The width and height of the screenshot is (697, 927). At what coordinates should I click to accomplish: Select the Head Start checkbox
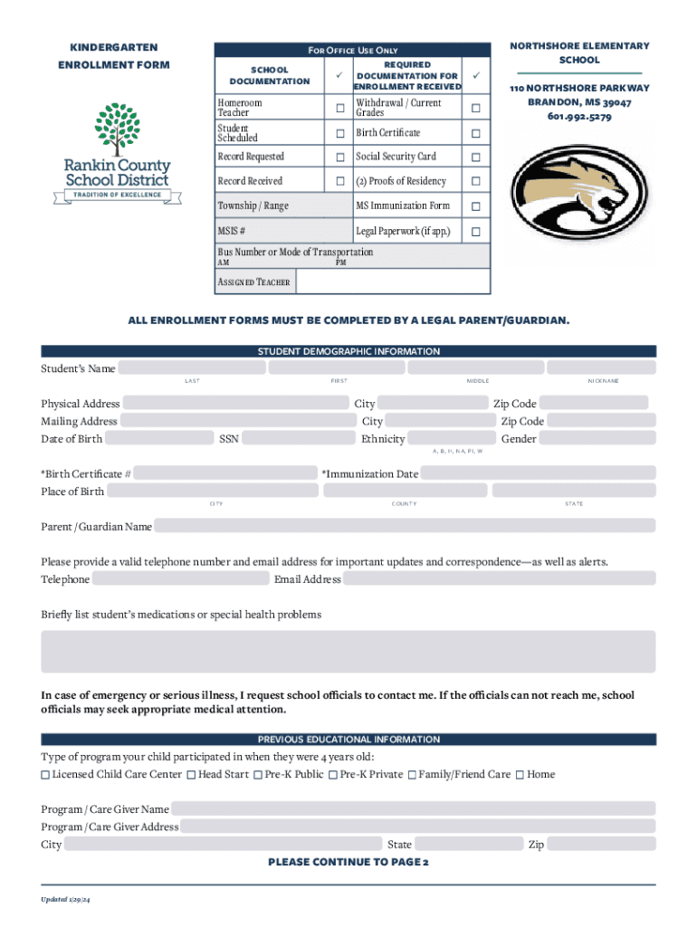tap(191, 775)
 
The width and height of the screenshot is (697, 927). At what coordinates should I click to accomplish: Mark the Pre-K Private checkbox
tap(333, 775)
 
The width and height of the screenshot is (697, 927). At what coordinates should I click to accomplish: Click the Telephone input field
tap(180, 579)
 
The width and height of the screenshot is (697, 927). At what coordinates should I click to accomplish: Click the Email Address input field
tap(500, 579)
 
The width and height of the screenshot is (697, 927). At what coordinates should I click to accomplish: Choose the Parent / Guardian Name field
tap(404, 526)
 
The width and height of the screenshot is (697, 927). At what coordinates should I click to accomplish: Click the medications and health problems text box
tap(348, 652)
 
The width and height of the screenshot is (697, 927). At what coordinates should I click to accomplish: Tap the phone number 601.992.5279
tap(578, 117)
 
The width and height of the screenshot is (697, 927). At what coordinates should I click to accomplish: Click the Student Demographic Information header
tap(348, 351)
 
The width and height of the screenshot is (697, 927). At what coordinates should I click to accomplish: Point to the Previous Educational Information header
tap(348, 740)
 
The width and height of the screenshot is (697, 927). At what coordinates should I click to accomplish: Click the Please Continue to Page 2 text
tap(348, 862)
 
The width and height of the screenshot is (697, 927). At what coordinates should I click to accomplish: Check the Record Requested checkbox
tap(340, 158)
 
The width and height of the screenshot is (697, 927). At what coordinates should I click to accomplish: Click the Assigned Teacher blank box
tap(393, 282)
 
